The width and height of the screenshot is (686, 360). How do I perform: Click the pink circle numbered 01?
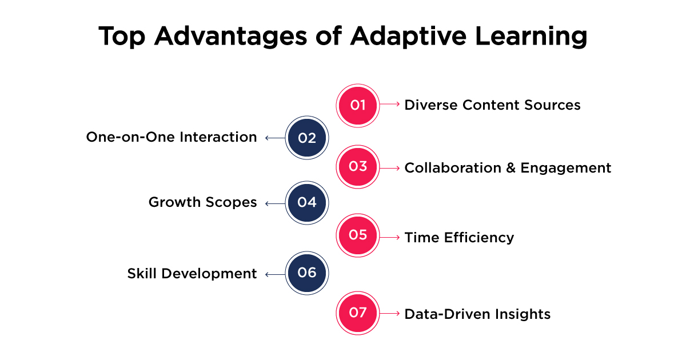(x=358, y=105)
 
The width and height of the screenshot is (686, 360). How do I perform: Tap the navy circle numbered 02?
(x=307, y=138)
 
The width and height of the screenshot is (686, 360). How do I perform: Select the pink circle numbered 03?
(x=358, y=167)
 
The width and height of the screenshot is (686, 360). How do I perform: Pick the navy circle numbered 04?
(x=307, y=203)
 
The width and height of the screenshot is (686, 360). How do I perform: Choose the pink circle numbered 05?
(x=358, y=235)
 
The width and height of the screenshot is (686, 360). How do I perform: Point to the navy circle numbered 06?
(x=307, y=273)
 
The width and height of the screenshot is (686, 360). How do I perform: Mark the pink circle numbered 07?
(x=358, y=313)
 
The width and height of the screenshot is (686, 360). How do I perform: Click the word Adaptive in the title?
(x=408, y=37)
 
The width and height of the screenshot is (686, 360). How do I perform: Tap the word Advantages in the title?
(x=230, y=37)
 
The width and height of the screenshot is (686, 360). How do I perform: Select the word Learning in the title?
(x=531, y=37)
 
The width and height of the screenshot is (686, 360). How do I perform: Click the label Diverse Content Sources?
(x=492, y=105)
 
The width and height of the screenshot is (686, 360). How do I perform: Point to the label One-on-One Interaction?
(x=171, y=137)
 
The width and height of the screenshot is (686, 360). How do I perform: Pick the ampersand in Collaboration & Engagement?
(x=511, y=168)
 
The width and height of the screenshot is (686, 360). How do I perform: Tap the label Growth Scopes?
(x=203, y=202)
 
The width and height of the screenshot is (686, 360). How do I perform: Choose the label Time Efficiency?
(x=459, y=238)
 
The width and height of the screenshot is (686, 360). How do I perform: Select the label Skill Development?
(x=192, y=274)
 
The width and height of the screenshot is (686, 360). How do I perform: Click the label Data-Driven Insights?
(x=477, y=314)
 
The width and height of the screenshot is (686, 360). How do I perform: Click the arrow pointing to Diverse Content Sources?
(x=390, y=105)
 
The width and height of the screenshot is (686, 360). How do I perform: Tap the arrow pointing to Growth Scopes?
(x=275, y=203)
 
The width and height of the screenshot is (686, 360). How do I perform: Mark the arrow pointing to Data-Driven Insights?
(x=390, y=314)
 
